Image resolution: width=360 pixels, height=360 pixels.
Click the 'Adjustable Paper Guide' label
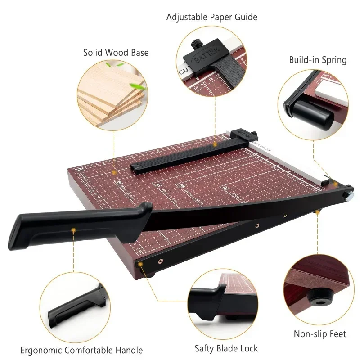[211, 17]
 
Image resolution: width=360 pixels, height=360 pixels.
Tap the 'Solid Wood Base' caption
[116, 53]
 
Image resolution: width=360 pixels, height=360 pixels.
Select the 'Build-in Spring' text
[318, 60]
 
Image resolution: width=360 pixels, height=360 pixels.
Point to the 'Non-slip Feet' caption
[320, 334]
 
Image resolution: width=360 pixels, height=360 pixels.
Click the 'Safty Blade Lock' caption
[226, 348]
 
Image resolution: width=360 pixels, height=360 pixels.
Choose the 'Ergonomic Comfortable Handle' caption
[81, 350]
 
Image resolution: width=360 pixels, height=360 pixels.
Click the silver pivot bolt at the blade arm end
[349, 194]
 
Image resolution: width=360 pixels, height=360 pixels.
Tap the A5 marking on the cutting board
[158, 184]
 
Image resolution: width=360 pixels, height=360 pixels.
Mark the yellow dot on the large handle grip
[73, 230]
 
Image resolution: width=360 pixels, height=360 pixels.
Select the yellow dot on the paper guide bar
[215, 144]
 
